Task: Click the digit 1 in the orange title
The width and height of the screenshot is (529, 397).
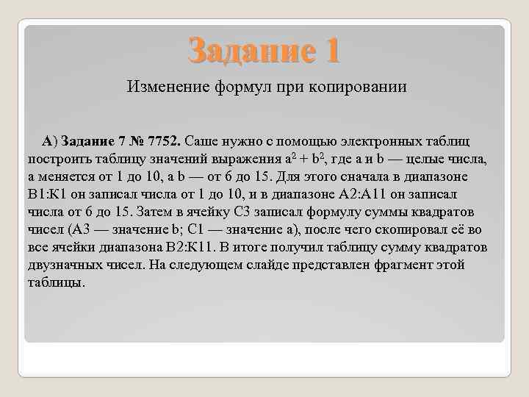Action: click(331, 50)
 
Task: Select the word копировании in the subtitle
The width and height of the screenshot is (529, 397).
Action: click(361, 87)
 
